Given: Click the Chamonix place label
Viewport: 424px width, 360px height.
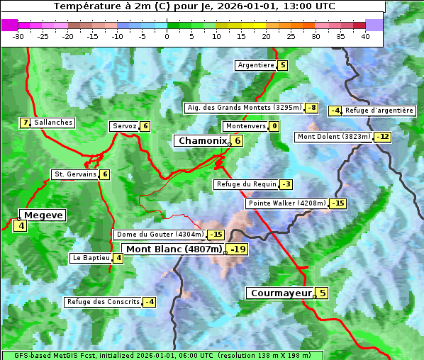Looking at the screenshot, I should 201,141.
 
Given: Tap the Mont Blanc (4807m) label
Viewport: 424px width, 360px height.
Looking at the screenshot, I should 174,249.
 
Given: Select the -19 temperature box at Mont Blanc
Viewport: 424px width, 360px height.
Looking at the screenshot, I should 238,249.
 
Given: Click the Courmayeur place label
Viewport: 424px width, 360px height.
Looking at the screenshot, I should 281,293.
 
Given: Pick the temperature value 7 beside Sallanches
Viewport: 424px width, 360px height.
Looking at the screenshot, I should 26,123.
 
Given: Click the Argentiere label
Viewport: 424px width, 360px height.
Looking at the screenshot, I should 256,65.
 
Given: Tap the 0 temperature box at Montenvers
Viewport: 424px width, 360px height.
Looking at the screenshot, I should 274,126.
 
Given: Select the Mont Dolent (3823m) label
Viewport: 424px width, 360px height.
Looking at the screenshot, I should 334,137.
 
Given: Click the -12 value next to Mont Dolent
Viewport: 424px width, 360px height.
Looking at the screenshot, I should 383,137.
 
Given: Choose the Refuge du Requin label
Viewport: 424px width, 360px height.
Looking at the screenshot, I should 246,184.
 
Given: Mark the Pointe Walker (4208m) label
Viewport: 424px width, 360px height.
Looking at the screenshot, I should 286,203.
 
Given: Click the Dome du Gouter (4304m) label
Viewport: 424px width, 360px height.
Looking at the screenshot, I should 160,235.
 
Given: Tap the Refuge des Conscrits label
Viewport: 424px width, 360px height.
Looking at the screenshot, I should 103,302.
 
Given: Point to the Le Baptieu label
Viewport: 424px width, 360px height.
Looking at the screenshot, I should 91,258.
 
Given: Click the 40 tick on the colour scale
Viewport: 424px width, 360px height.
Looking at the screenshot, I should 365,36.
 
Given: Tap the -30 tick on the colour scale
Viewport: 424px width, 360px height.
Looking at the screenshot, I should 18,36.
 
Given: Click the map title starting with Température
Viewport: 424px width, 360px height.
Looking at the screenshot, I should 194,6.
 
